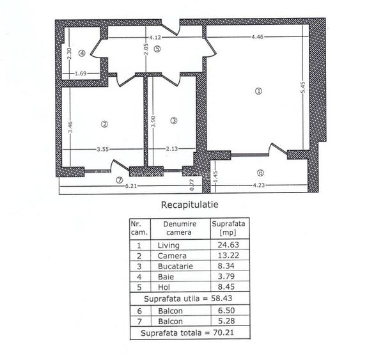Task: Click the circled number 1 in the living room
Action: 258,91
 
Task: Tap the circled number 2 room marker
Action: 104,123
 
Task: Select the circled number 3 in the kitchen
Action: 173,120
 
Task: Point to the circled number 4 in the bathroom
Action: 82,53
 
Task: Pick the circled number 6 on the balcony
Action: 260,173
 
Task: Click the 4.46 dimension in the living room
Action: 258,36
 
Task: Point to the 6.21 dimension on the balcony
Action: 130,186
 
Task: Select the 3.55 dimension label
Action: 102,150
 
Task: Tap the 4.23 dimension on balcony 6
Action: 258,186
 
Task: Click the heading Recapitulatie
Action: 189,205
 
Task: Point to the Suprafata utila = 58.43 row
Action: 189,298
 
